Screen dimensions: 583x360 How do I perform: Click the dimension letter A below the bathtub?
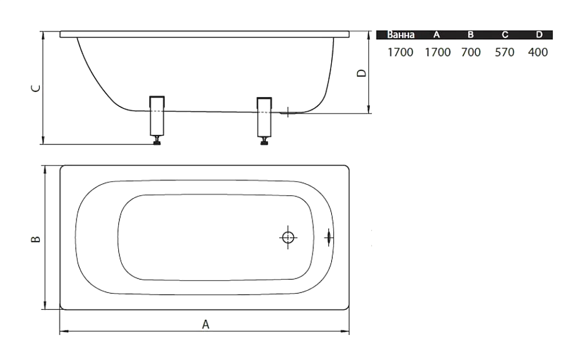206,324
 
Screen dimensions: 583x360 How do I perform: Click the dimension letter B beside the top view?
36,239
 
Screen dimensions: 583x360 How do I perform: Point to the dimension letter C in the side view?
36,88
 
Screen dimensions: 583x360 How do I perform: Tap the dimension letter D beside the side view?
361,73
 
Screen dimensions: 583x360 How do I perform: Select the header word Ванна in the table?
401,35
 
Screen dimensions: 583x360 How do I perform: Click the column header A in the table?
437,35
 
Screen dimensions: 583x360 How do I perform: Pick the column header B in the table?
470,35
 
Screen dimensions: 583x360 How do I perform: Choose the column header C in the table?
505,35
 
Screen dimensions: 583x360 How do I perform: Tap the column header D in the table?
539,35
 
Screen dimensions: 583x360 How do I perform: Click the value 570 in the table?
504,52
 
